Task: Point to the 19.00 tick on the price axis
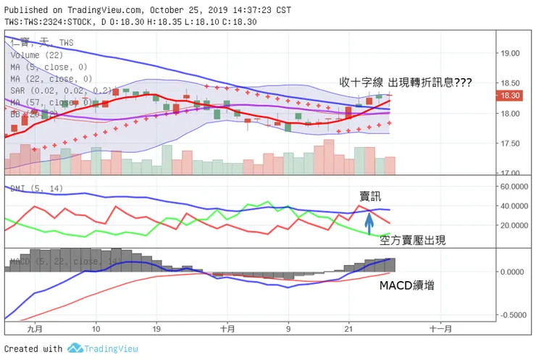tap(511, 54)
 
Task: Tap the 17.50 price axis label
tap(511, 143)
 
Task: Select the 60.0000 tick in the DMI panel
tap(514, 186)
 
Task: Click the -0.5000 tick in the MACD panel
tap(514, 315)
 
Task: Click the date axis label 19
tap(156, 329)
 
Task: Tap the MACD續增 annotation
tap(407, 285)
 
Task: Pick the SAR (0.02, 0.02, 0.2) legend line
tap(62, 91)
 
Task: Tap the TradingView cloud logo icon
tap(74, 348)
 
